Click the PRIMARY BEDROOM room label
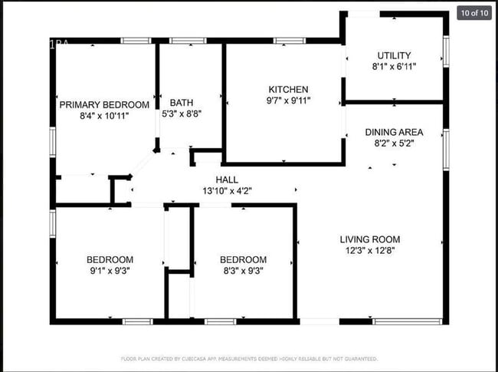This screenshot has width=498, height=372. pos(104,104)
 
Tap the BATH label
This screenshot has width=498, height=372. pos(182,102)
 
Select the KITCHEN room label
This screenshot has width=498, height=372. pos(288,89)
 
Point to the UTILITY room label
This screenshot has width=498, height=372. pos(394,55)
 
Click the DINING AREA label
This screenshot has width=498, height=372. pos(394,132)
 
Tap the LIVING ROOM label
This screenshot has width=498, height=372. pos(369,239)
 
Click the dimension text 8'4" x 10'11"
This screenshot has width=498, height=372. pos(104,116)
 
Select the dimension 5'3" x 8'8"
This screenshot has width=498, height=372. pos(182,114)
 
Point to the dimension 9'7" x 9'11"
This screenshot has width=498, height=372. pos(288,100)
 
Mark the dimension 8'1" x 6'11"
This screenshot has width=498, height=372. pos(394,67)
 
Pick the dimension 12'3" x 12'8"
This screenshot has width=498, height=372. pos(369,251)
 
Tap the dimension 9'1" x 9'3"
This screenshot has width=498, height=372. pos(110,271)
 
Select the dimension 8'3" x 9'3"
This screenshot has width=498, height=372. pos(243,271)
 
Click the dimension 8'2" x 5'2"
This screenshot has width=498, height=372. pos(394,143)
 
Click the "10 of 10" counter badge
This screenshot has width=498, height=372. pos(473,13)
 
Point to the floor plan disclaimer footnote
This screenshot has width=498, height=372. pos(249,358)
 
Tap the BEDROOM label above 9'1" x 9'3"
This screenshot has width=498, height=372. pos(110,259)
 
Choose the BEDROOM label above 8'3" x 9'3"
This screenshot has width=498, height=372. pos(243,259)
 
